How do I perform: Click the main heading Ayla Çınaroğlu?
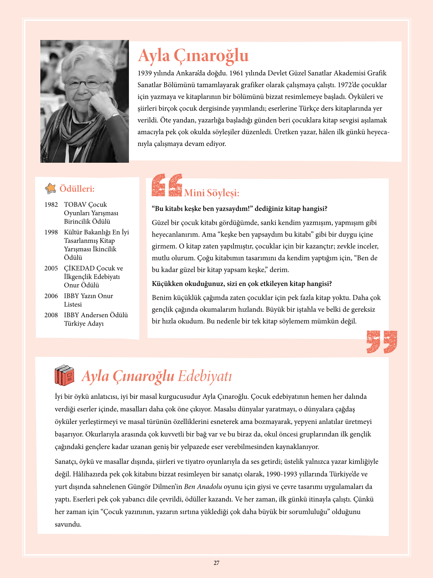(x=193, y=56)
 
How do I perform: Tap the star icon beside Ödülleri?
(x=51, y=189)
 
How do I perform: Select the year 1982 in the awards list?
(x=51, y=205)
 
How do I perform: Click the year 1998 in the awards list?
(x=51, y=233)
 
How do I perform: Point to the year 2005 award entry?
(x=51, y=269)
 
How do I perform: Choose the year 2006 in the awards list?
(x=51, y=296)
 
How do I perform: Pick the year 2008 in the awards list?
(x=51, y=315)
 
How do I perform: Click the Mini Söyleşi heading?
(x=212, y=193)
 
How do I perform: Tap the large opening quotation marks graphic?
(x=167, y=185)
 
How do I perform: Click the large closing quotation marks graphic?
(x=382, y=342)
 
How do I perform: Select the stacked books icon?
(x=65, y=375)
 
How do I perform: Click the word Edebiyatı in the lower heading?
(x=205, y=376)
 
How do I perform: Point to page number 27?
(x=216, y=563)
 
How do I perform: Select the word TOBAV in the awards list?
(x=75, y=205)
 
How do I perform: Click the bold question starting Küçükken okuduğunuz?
(x=242, y=284)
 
